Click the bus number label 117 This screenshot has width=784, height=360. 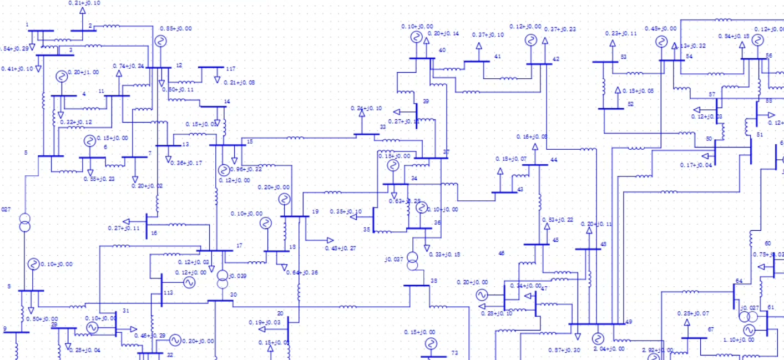click(x=230, y=69)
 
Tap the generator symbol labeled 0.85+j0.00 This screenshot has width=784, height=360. click(x=160, y=41)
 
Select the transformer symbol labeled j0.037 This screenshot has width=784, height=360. click(x=412, y=261)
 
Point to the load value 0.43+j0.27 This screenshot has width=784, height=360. click(x=340, y=248)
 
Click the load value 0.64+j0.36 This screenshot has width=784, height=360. click(x=302, y=272)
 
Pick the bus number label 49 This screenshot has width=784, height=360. click(x=628, y=322)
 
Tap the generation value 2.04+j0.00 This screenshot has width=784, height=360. click(x=609, y=349)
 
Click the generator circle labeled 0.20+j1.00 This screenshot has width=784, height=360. click(x=60, y=77)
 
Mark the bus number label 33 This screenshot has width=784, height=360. click(x=382, y=127)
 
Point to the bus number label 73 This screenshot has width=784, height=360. click(x=454, y=353)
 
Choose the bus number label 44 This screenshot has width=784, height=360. click(x=553, y=160)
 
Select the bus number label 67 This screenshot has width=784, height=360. click(x=710, y=329)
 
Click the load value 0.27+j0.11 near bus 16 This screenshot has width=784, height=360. click(x=124, y=228)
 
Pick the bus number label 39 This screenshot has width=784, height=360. click(x=426, y=102)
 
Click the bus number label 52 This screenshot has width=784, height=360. click(x=630, y=104)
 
